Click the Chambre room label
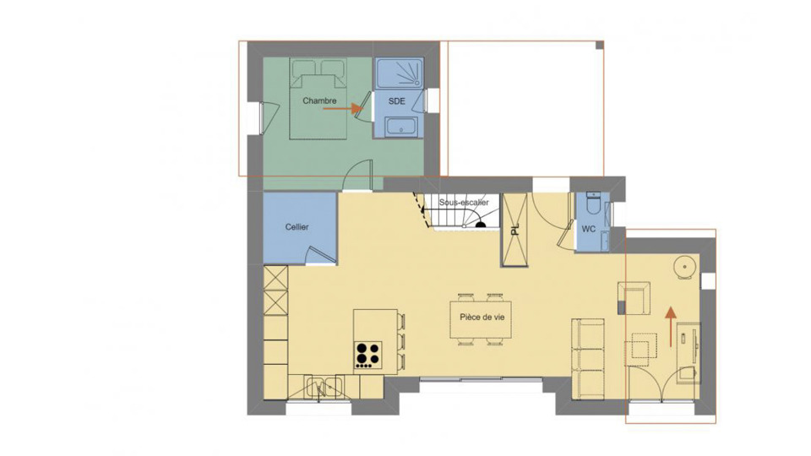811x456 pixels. click(x=319, y=100)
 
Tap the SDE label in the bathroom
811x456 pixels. click(x=397, y=101)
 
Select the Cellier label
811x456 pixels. click(x=297, y=227)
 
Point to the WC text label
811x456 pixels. click(x=589, y=229)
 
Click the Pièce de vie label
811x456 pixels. click(x=482, y=317)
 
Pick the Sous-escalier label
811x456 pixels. click(x=464, y=202)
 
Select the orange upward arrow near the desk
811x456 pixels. click(x=671, y=326)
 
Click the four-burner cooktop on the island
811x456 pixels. click(x=368, y=355)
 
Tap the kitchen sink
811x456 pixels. click(x=324, y=388)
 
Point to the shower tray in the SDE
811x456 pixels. click(x=399, y=73)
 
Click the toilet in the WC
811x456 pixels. click(x=593, y=203)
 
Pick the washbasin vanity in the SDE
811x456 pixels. click(x=401, y=127)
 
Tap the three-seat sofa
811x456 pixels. click(x=588, y=360)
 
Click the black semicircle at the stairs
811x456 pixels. click(x=481, y=225)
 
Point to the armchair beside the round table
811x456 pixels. click(x=635, y=298)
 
